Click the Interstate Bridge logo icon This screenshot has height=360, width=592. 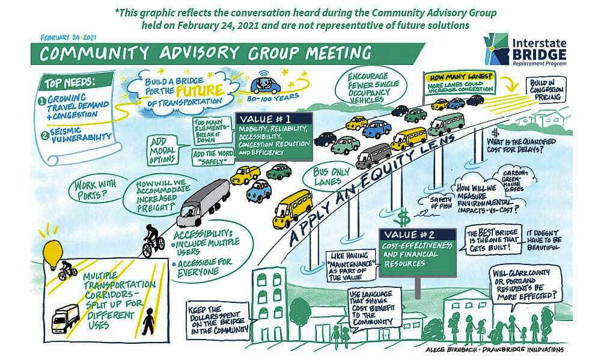tap(497, 48)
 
